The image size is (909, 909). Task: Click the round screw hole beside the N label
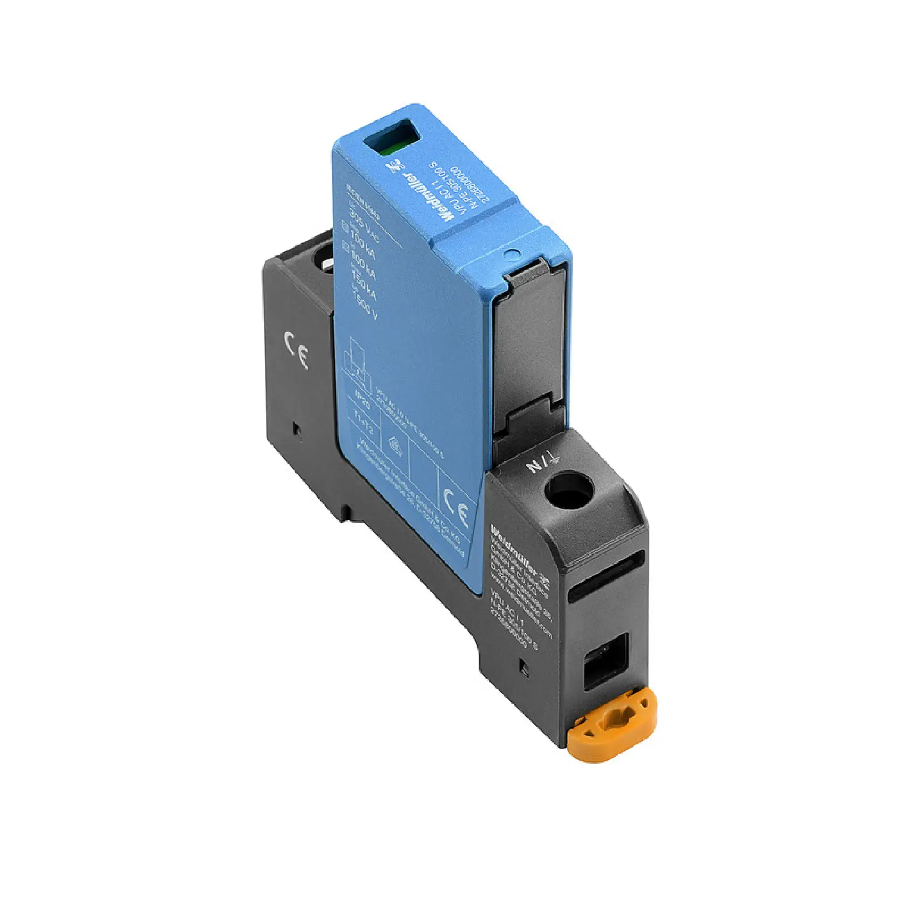coord(568,491)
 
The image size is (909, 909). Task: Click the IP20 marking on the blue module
coord(363,404)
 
